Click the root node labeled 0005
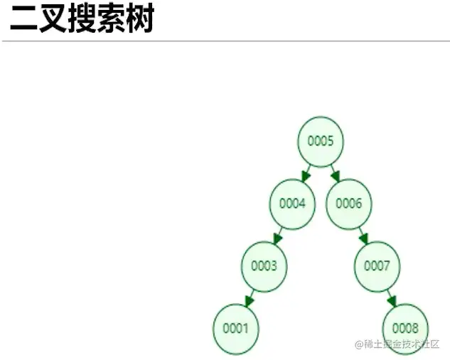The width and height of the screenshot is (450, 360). click(321, 141)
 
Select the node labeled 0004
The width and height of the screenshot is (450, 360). click(291, 203)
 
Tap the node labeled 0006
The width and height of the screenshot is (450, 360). click(349, 203)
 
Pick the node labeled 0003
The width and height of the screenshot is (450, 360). click(264, 266)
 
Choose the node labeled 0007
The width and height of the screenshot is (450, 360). click(377, 266)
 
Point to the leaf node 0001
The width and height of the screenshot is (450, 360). click(235, 329)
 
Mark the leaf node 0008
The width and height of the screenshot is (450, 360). click(405, 329)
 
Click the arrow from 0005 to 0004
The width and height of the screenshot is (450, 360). click(306, 173)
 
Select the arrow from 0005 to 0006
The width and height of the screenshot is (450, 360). click(335, 173)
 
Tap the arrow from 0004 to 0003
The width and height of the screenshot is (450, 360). click(278, 235)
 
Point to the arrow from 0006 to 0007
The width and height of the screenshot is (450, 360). click(363, 235)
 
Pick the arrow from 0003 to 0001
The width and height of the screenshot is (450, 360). click(250, 298)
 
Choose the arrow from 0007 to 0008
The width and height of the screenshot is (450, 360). click(391, 298)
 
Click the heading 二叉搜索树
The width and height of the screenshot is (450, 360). click(82, 21)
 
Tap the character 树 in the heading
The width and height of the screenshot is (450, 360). click(140, 21)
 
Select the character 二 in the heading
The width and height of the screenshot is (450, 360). click(23, 21)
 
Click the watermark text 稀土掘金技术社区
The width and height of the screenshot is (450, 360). click(402, 344)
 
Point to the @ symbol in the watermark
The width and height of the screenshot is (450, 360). click(359, 344)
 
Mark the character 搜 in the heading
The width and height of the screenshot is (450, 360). click(82, 21)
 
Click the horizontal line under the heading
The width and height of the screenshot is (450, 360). click(225, 41)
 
